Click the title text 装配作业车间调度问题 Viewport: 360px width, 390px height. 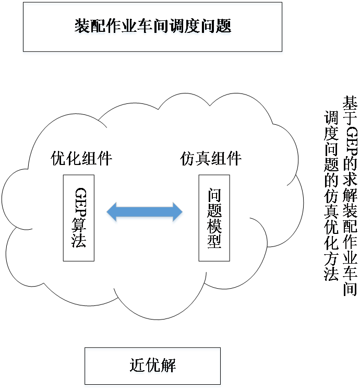[152, 27]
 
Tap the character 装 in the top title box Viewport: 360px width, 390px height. [81, 27]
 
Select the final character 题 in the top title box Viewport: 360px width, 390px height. [224, 27]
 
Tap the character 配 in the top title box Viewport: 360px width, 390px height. [97, 27]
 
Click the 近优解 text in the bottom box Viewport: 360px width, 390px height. [153, 366]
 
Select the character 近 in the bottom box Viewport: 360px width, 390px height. [137, 366]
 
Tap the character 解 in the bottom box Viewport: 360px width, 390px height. [169, 366]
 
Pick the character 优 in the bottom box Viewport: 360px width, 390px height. [153, 366]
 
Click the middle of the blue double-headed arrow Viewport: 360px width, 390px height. [145, 213]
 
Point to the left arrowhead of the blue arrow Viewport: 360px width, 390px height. [112, 213]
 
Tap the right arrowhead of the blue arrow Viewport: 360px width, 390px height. [177, 213]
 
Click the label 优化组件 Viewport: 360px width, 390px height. [81, 158]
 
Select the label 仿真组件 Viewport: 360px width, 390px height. [211, 158]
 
